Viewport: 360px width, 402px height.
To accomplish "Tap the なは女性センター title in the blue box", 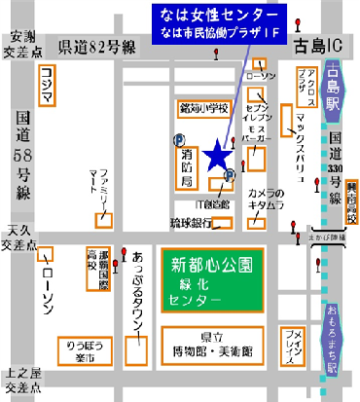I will tap(216, 17).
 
